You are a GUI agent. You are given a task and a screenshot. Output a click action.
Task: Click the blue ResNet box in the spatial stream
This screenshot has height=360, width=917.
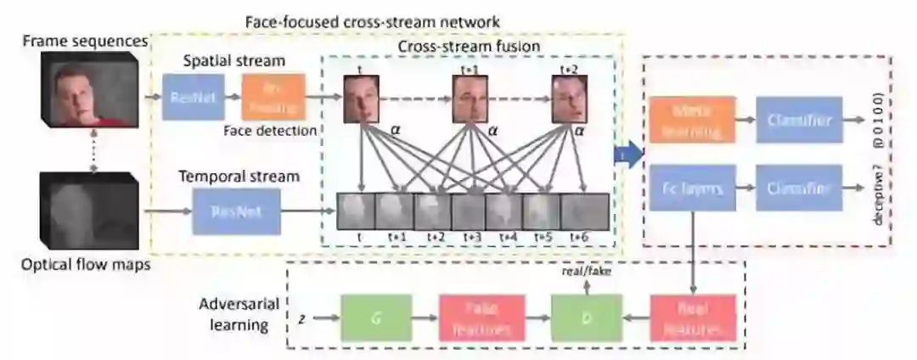193,98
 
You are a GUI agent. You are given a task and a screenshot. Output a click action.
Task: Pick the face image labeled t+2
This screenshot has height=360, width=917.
568,99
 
